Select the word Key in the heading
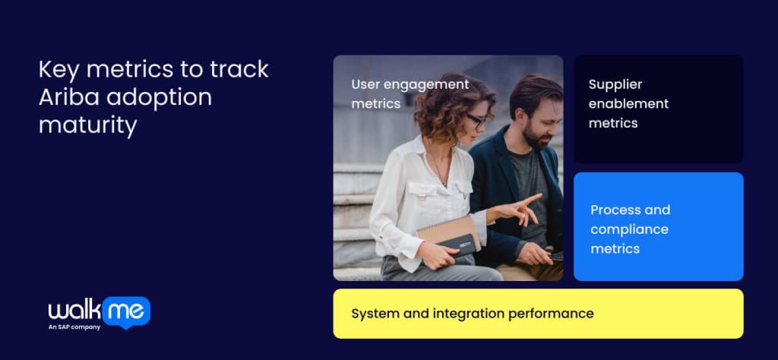59,69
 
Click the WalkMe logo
99,310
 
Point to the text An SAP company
74,327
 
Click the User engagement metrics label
410,93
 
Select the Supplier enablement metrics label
628,103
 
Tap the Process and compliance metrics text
630,229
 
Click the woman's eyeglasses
476,120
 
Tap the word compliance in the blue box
629,229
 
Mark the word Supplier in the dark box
615,84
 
